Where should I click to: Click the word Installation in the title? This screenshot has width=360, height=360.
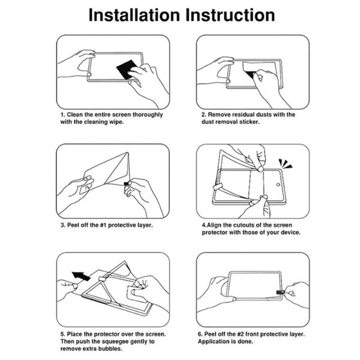(134, 15)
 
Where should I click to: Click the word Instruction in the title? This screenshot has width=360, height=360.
(230, 15)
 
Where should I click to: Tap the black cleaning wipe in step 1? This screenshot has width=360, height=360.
(127, 69)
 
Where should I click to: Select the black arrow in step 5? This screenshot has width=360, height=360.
(81, 276)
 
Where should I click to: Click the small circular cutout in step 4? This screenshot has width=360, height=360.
(278, 185)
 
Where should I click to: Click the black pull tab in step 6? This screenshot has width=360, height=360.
(280, 292)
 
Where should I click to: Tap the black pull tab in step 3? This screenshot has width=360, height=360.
(126, 184)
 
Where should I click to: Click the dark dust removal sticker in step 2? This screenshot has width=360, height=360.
(251, 74)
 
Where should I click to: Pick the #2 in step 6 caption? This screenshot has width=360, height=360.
(241, 334)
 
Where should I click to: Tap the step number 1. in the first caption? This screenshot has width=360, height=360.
(63, 115)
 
